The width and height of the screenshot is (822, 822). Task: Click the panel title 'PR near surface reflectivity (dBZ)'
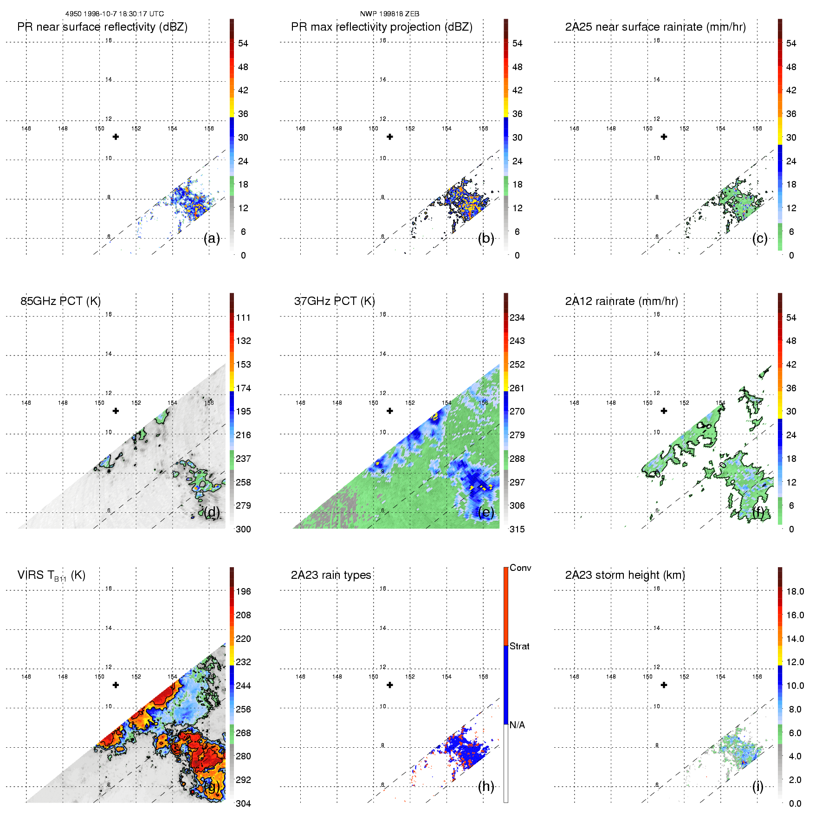[x=102, y=27]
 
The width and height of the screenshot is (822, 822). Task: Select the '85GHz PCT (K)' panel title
[x=60, y=301]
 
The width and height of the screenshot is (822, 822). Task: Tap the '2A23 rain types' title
[x=331, y=575]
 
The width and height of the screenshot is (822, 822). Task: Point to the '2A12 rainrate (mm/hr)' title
[x=621, y=301]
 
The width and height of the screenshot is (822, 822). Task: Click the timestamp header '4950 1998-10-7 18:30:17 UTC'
[x=114, y=14]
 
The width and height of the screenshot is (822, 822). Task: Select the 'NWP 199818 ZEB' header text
[x=389, y=14]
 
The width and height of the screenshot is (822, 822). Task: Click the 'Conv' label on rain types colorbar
[x=520, y=568]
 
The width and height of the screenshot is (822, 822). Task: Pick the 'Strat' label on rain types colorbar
[x=519, y=646]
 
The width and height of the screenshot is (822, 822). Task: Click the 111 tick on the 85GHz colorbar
[x=243, y=317]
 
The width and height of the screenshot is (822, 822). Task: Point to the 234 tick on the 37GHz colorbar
[x=517, y=317]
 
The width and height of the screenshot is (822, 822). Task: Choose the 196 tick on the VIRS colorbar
[x=243, y=591]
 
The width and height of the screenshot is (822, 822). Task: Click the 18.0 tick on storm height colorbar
[x=795, y=591]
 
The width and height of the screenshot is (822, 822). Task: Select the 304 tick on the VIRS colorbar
[x=243, y=803]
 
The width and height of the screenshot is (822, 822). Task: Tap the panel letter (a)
[x=212, y=239]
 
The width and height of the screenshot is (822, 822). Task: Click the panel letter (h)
[x=486, y=786]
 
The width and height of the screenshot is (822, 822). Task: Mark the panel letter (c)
[x=760, y=239]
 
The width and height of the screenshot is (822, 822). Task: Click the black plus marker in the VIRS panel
[x=116, y=685]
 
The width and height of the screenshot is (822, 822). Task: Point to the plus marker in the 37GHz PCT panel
[x=390, y=411]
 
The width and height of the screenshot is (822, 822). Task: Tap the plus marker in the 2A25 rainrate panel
[x=664, y=137]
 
